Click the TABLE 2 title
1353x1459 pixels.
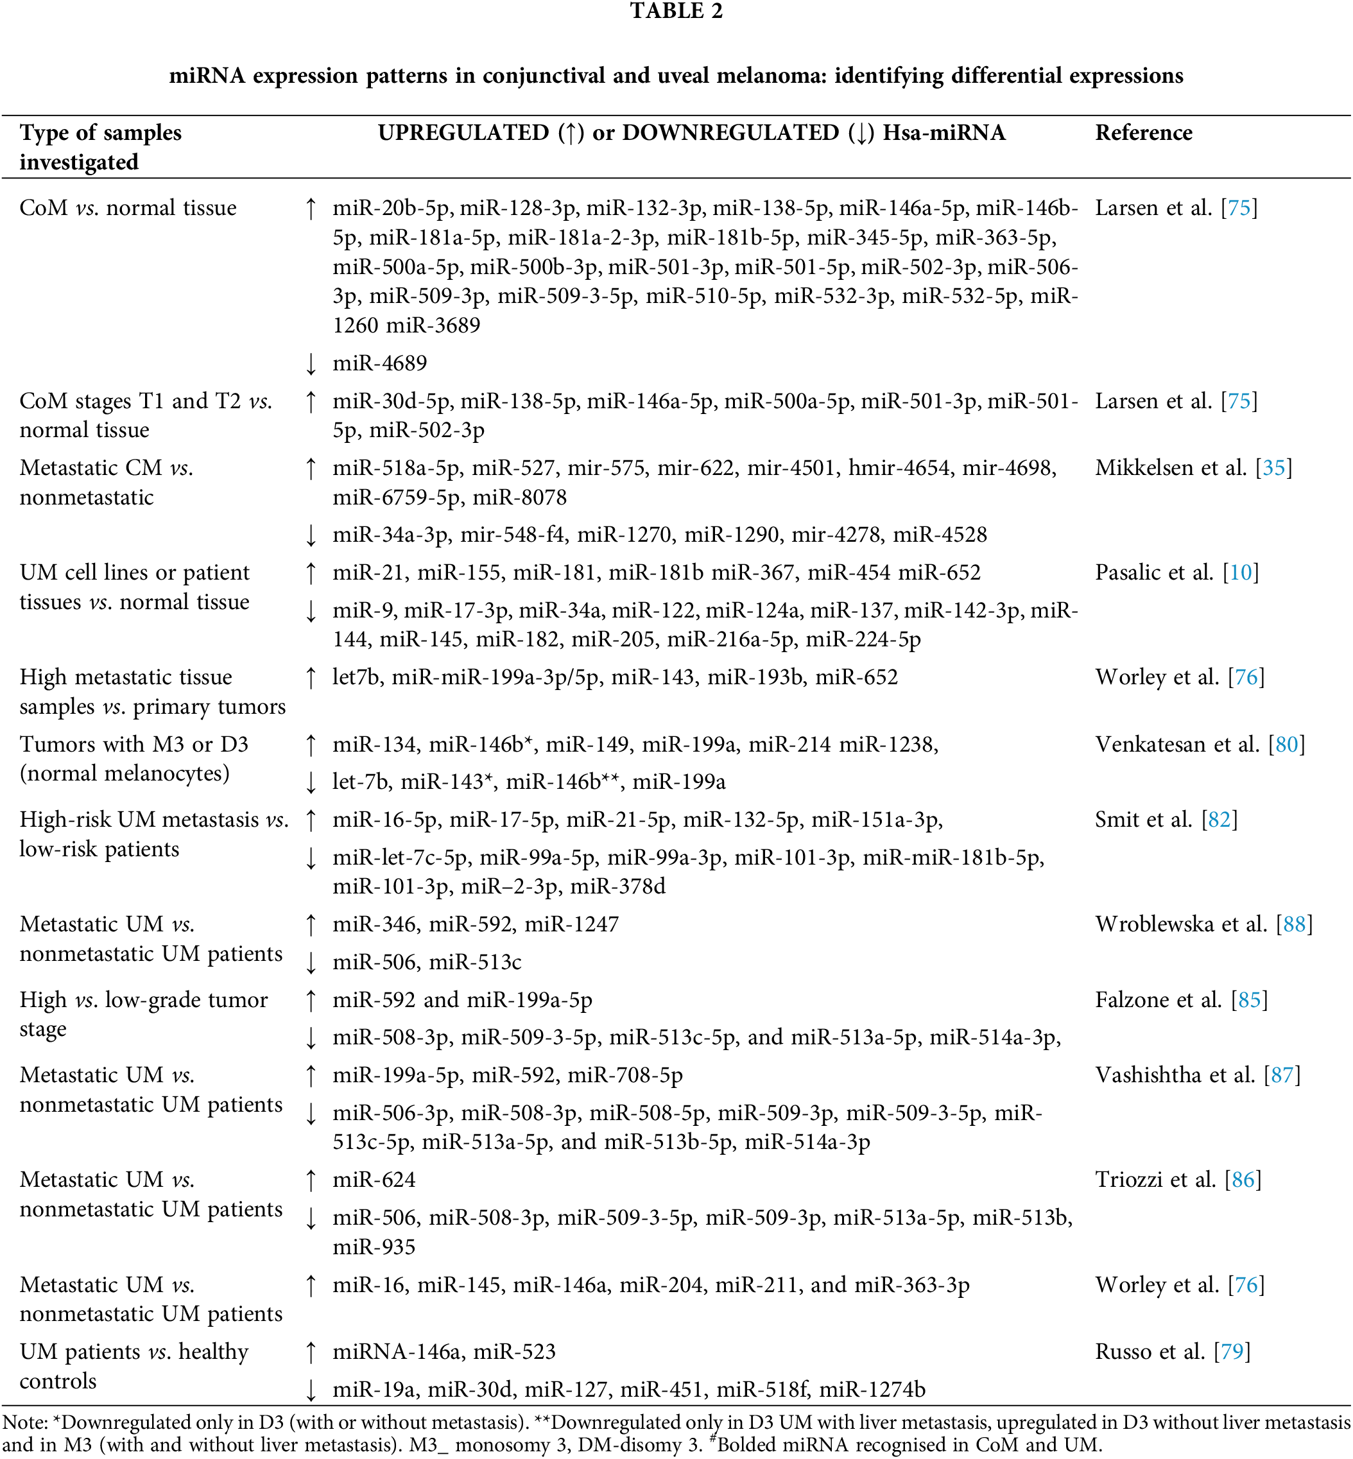point(676,12)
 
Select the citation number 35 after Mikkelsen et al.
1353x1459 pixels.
point(1273,468)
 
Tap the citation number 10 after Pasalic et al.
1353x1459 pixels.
point(1240,573)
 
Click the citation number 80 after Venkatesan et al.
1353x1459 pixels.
point(1286,745)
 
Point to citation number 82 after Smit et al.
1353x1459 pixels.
point(1219,819)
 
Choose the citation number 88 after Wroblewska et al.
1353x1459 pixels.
point(1294,924)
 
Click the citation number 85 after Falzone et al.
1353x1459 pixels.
point(1249,999)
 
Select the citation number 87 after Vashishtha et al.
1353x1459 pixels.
point(1281,1075)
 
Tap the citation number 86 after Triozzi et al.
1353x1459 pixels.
point(1243,1179)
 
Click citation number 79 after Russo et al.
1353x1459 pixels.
point(1232,1351)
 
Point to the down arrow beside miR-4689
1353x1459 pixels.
point(311,363)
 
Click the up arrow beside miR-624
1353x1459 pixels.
point(311,1179)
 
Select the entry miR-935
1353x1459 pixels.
point(374,1247)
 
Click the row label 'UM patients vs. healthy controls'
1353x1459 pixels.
point(134,1366)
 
